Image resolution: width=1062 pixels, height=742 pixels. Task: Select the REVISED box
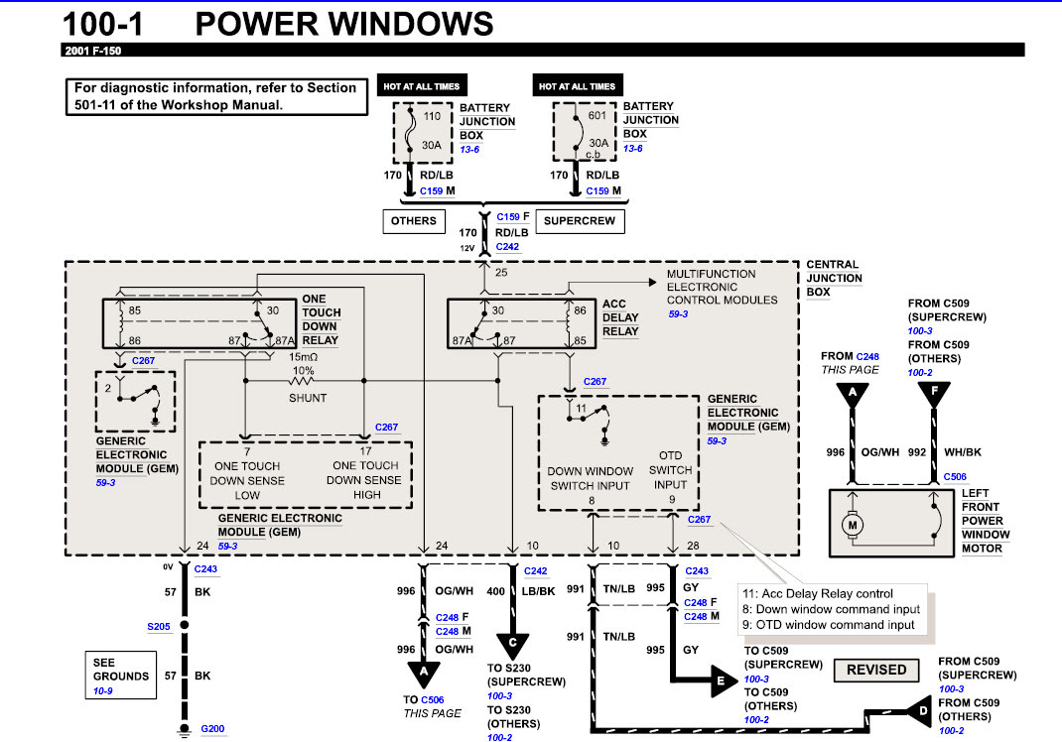pos(876,670)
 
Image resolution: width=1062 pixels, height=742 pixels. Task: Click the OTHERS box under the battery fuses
pos(414,220)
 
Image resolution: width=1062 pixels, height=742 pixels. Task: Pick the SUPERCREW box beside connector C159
pos(581,220)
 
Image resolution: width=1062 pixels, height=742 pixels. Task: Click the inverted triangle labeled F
pos(933,394)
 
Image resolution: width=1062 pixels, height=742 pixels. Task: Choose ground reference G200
pos(212,729)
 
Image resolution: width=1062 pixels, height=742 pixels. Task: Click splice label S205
pos(159,627)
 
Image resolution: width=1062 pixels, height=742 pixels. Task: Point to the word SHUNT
pos(307,398)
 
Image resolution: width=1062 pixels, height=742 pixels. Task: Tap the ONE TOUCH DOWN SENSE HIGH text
pos(365,480)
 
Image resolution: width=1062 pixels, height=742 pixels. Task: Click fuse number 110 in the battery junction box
pos(433,115)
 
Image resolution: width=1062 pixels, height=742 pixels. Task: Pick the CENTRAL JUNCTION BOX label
pos(834,279)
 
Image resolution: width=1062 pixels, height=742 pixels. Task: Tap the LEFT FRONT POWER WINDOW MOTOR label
pos(985,521)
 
